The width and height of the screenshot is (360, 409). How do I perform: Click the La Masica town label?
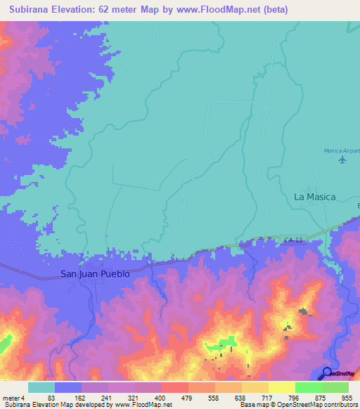coord(314,197)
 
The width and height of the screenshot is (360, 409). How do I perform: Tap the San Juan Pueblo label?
coord(95,274)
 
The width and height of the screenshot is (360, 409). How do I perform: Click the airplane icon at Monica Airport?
coord(342,160)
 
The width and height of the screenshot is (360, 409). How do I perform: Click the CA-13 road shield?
coord(294,241)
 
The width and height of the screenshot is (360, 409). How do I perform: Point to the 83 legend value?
coord(51,397)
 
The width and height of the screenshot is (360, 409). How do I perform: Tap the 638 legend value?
coord(242,397)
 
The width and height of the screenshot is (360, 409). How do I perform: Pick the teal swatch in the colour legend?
coord(41,387)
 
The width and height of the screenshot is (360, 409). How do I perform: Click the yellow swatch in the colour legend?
coord(281,387)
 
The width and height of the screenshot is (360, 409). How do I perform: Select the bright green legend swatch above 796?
coord(308,387)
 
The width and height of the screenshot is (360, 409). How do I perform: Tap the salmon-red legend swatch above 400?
coord(175,387)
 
